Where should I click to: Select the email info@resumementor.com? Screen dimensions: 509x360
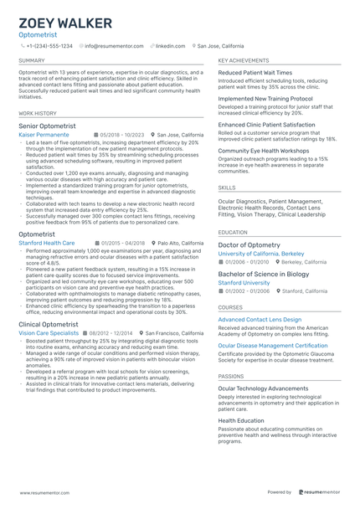[x=116, y=46]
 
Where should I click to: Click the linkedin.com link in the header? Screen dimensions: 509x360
[x=170, y=46]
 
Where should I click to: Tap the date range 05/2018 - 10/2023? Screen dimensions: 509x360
[x=122, y=134]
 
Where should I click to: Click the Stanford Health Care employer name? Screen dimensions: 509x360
[x=47, y=243]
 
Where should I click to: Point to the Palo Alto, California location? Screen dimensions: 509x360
[x=180, y=243]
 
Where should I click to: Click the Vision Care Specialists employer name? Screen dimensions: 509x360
[x=49, y=332]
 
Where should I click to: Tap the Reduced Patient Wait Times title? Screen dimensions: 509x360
[x=255, y=73]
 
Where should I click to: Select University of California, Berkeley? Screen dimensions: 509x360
[x=262, y=253]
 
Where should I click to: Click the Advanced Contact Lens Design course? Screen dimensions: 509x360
[x=260, y=320]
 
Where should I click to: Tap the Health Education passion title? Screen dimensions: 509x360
[x=241, y=420]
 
